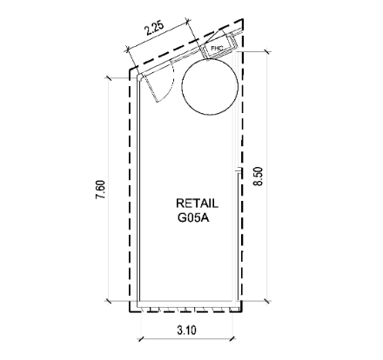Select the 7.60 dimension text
point(101,190)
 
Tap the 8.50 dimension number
point(258,177)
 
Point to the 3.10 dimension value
point(186,330)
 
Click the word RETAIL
point(197,203)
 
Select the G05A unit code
point(193,217)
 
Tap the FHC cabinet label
point(217,48)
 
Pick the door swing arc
point(171,84)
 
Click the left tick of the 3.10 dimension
point(141,338)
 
